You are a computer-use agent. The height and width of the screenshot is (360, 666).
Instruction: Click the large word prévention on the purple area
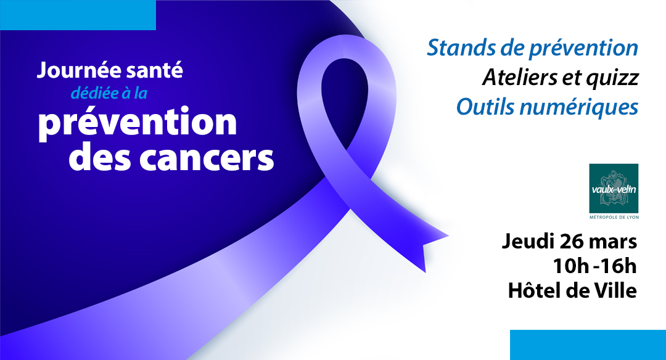(x=138, y=123)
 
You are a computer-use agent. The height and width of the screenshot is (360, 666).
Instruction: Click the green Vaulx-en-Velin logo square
(x=614, y=188)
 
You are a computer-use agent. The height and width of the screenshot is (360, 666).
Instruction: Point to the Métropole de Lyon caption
(x=614, y=218)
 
